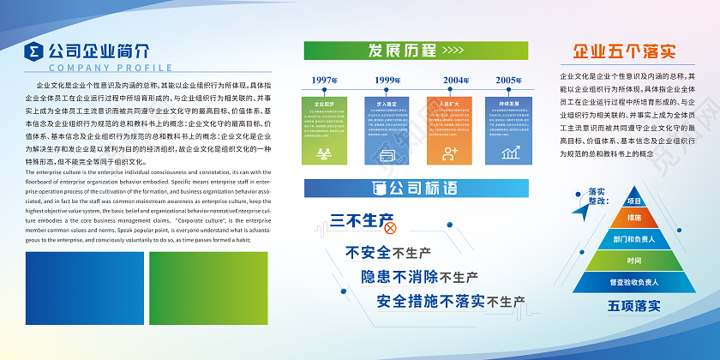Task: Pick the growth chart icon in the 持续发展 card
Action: [511, 153]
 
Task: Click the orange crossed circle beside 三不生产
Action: [390, 228]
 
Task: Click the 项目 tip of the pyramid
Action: [634, 201]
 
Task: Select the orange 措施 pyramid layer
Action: [634, 219]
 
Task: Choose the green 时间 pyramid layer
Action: [634, 261]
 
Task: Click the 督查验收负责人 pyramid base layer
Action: [634, 282]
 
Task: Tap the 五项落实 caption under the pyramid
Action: [634, 304]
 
